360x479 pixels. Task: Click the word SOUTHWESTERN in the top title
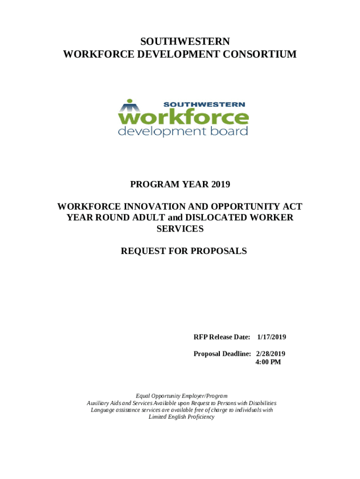180,42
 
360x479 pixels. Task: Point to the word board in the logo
228,131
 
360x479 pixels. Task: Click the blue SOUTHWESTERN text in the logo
203,104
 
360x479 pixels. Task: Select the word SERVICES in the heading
180,229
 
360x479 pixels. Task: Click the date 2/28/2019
271,354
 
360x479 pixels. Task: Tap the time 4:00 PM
268,362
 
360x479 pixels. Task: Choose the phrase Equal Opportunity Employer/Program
181,396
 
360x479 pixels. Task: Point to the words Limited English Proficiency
181,417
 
